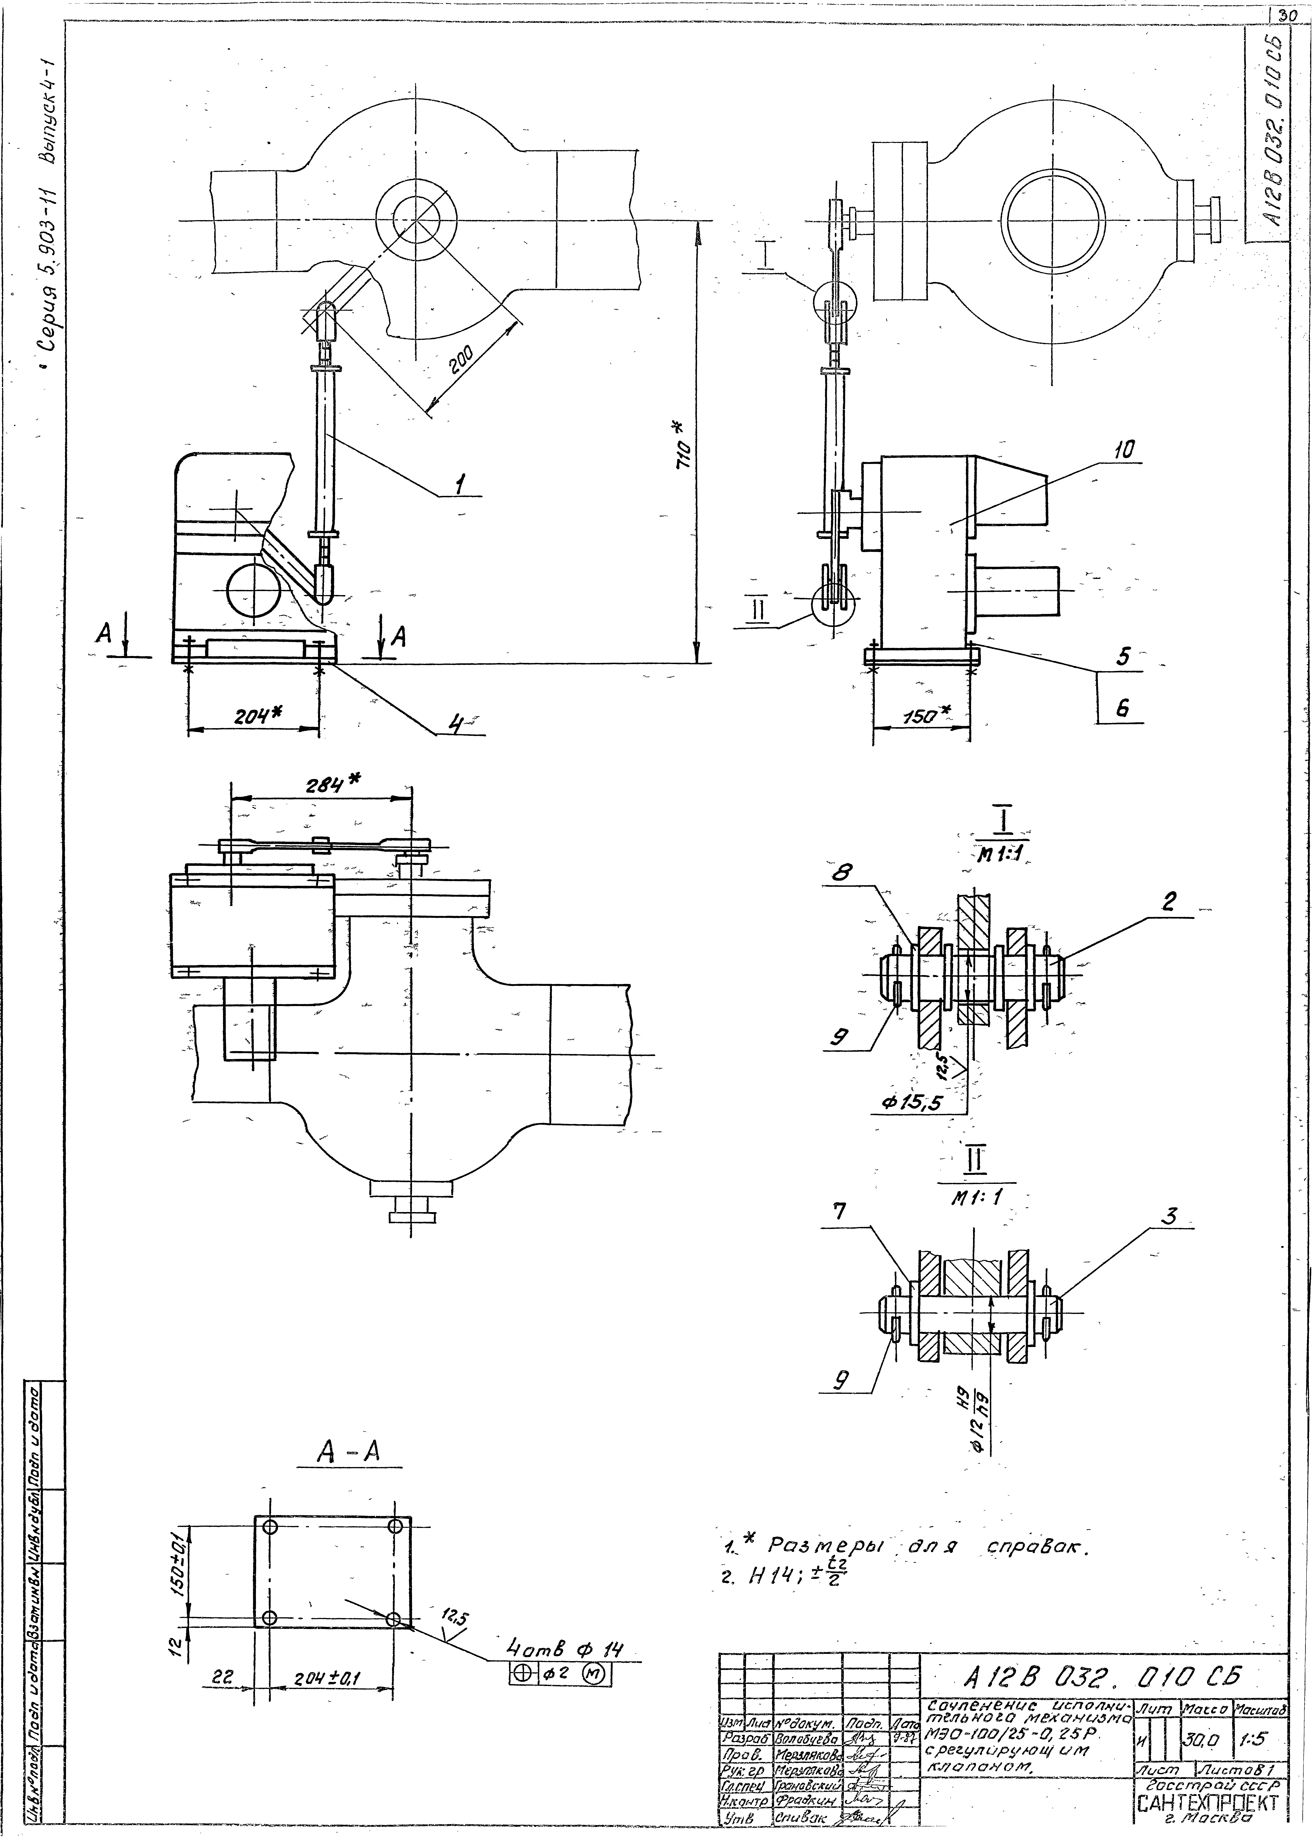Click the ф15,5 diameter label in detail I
pos(913,1102)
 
